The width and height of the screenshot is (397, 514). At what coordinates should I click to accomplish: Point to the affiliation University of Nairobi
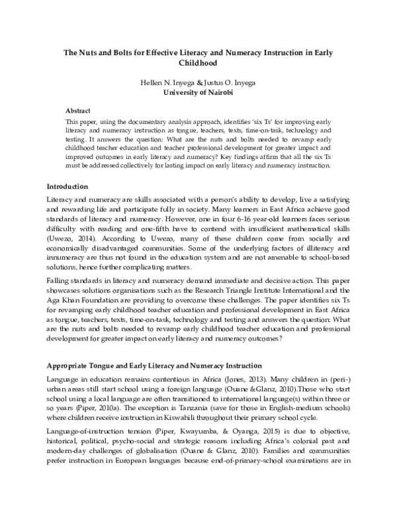coord(198,93)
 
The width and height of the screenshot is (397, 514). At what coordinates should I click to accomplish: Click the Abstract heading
coord(79,111)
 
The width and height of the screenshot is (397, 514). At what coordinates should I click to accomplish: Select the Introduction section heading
coord(69,186)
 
